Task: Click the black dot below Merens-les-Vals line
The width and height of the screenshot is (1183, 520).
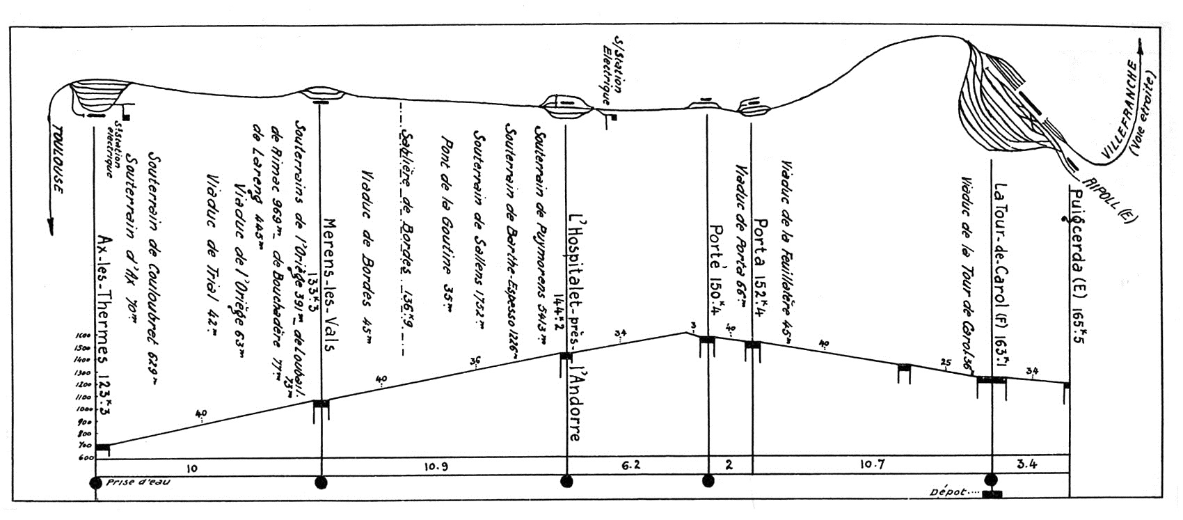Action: point(321,482)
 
